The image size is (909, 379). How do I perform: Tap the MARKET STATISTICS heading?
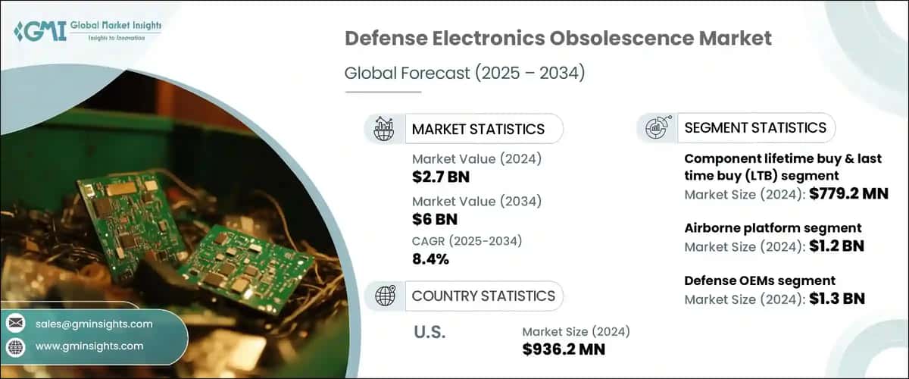(x=477, y=129)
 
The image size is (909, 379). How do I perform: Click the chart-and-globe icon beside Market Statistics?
(x=384, y=129)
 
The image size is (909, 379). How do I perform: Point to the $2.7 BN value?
(x=440, y=177)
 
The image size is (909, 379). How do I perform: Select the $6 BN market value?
(x=434, y=219)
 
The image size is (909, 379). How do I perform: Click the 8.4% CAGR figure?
(x=430, y=258)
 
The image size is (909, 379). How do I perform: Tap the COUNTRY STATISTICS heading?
(x=483, y=296)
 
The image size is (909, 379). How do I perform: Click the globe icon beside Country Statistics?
(x=384, y=296)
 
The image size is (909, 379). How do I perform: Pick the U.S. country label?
(x=430, y=331)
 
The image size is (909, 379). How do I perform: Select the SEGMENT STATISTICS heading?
(x=754, y=128)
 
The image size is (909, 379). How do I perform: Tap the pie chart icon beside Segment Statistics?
(x=656, y=128)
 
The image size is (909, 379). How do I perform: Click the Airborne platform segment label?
(x=773, y=228)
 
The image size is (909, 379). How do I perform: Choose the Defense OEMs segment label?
(x=760, y=280)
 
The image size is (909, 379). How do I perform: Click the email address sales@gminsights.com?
(x=94, y=324)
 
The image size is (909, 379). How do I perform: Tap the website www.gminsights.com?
(x=89, y=346)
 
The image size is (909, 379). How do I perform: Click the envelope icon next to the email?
(x=16, y=324)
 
